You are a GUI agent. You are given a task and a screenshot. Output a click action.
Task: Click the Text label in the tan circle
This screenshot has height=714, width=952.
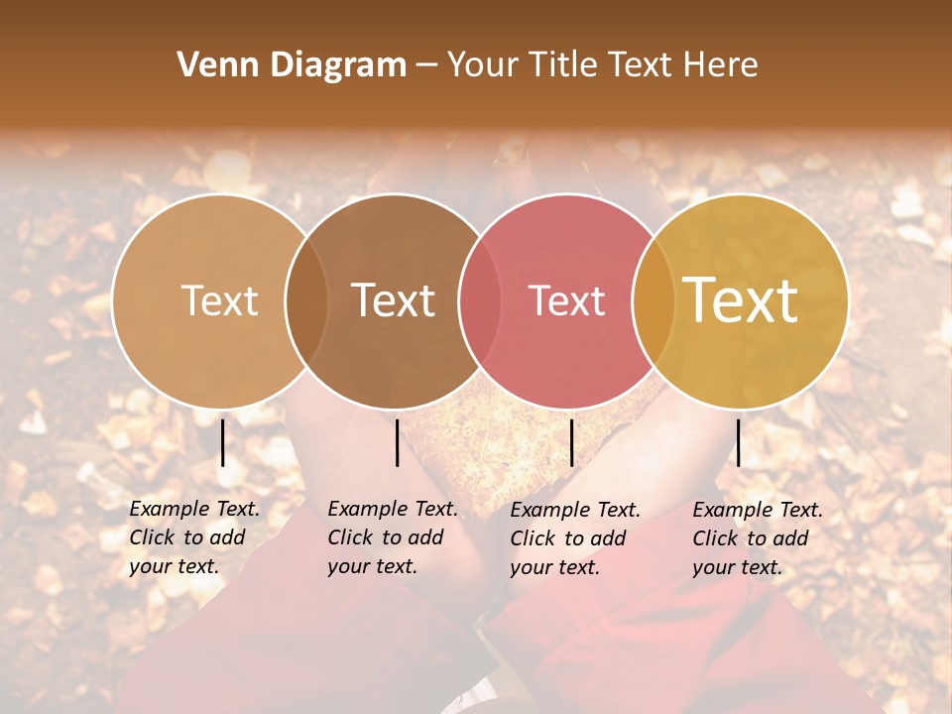tap(219, 300)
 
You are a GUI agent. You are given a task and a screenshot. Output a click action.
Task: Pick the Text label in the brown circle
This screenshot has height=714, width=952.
tap(394, 300)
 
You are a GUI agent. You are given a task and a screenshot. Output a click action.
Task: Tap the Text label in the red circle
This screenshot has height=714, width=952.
tap(567, 300)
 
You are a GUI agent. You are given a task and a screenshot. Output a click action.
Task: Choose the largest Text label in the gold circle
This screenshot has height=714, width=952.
tap(741, 299)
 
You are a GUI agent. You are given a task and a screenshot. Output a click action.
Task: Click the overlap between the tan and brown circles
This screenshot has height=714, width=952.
tap(306, 300)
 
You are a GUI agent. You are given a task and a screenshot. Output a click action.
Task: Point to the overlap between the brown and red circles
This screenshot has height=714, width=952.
tap(480, 300)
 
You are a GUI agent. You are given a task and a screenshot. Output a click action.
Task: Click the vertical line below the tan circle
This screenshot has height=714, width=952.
tap(223, 442)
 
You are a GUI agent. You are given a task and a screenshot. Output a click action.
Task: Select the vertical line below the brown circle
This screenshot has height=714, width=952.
tap(397, 442)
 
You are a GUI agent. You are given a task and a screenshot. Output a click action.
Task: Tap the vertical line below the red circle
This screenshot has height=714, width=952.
tap(571, 442)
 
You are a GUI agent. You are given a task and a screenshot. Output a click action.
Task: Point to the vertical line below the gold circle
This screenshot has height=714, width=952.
tap(738, 442)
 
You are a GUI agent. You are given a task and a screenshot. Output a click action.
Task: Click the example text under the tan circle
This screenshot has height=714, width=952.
tap(194, 537)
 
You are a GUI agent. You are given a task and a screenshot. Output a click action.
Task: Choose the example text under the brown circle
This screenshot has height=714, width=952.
tap(393, 537)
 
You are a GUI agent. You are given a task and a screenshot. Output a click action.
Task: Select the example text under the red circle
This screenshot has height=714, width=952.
tap(575, 538)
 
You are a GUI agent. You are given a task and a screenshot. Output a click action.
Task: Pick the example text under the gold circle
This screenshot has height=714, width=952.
tap(758, 538)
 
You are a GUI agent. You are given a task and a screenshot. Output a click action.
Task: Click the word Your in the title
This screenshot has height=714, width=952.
tap(484, 65)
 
